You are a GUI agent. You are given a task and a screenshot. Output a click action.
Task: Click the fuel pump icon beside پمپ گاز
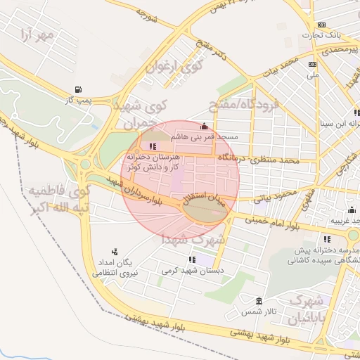pos(77,89)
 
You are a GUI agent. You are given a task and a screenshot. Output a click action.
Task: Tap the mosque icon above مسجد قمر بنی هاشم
pos(204,127)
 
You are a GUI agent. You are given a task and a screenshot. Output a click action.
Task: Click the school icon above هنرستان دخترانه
pos(154,146)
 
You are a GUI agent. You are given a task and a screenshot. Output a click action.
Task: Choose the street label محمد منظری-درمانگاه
pos(259,160)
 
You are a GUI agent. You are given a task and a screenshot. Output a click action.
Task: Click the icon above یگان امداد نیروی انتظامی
pos(115,252)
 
